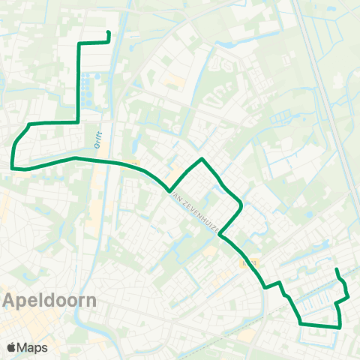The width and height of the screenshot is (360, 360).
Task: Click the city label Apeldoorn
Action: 49,301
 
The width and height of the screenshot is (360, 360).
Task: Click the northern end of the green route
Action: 109,32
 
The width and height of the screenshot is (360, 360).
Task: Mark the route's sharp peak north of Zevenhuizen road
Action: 202,159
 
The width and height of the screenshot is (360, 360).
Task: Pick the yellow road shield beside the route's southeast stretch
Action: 249,264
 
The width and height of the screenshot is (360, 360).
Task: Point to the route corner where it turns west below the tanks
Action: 78,121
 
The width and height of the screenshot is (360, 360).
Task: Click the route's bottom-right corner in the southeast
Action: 340,326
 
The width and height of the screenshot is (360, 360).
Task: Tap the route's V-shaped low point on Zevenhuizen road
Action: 169,190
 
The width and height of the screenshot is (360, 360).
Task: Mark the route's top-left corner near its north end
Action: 79,44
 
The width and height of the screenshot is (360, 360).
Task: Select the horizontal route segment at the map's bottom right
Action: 320,325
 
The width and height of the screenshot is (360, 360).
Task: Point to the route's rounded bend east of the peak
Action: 239,204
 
